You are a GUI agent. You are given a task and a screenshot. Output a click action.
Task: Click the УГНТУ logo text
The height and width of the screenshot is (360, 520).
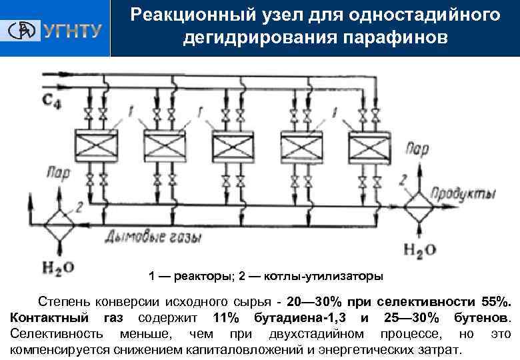(73, 30)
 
